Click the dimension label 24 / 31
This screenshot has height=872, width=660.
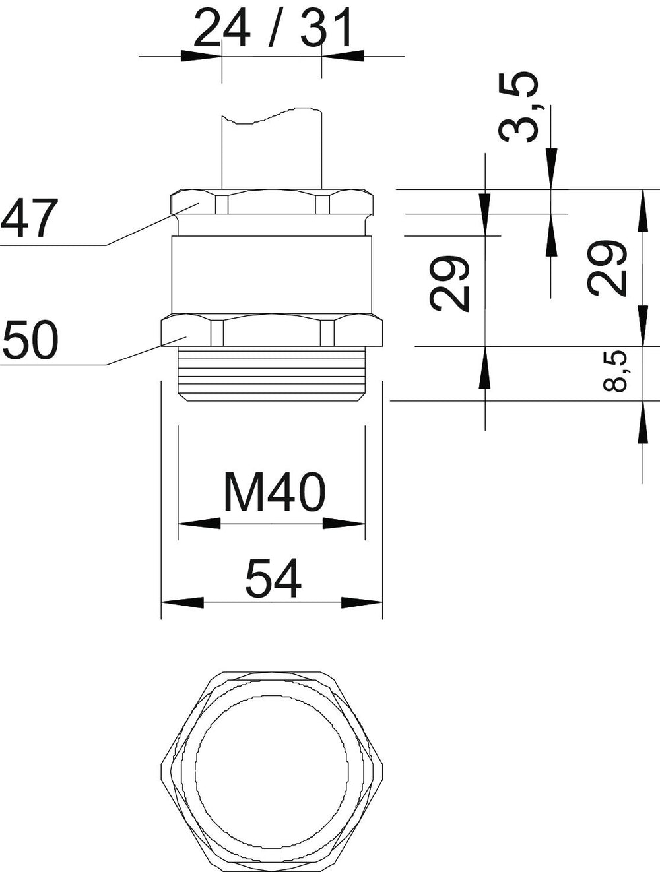273,27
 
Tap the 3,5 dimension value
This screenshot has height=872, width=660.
518,107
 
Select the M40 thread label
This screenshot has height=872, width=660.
275,492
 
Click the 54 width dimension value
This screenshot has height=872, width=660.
273,578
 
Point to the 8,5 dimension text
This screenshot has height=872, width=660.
616,371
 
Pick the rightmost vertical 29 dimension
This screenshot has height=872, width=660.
607,268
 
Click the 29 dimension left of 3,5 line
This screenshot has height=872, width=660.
449,283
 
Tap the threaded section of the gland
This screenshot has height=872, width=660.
272,373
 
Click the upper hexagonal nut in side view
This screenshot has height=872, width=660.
272,202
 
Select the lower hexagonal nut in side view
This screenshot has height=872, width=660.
272,330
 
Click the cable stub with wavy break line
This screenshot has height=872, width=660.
272,148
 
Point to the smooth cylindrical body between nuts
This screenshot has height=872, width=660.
272,274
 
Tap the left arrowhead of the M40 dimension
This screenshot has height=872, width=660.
199,524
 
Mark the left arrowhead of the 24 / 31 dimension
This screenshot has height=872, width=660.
201,56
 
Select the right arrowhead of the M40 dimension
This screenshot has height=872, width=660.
344,524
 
